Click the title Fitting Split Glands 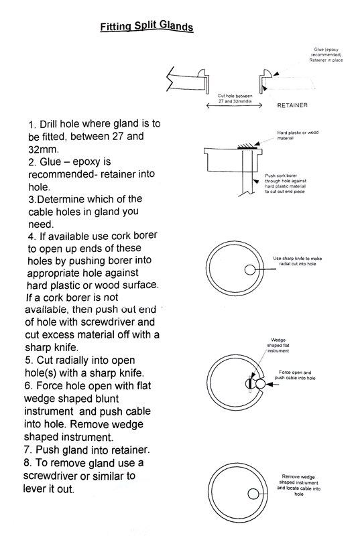147,26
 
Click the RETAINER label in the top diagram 292,105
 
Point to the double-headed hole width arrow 234,106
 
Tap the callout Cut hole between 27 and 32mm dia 235,98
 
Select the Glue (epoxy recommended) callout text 326,55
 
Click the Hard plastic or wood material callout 298,135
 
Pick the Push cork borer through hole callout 285,184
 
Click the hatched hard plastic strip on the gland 247,146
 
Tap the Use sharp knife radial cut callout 297,261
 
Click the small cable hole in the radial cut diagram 250,270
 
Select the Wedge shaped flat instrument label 278,345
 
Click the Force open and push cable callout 295,375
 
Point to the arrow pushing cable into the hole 272,385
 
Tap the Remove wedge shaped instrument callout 298,485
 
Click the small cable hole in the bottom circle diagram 253,494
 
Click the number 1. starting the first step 32,125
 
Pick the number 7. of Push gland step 28,450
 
